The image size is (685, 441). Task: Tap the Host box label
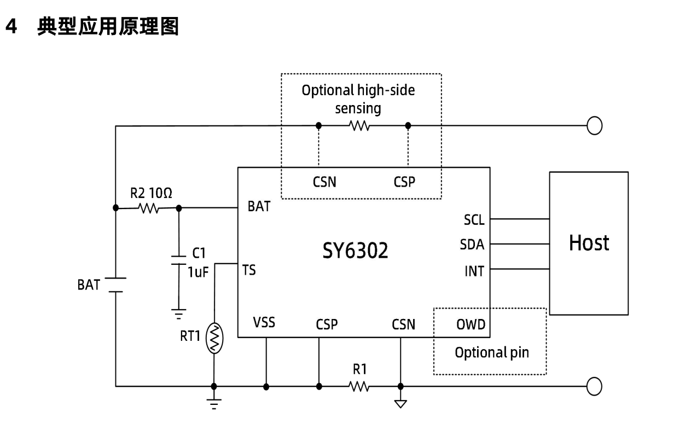click(589, 242)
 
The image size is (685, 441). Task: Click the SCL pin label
click(473, 220)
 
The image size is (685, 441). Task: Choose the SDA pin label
click(472, 245)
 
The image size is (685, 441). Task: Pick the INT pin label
click(474, 271)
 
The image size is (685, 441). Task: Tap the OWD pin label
click(471, 324)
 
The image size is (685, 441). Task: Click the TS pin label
click(248, 270)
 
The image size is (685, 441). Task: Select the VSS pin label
click(264, 323)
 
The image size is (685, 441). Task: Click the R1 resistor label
click(359, 369)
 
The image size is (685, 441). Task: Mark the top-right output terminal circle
click(595, 125)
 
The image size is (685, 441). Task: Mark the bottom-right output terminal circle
click(595, 386)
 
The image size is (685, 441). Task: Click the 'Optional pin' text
click(492, 352)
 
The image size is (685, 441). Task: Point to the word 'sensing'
click(358, 108)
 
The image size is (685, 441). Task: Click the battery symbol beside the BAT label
click(115, 284)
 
